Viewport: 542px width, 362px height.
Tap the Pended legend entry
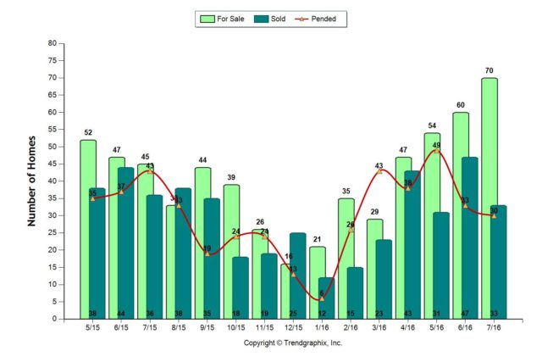point(324,18)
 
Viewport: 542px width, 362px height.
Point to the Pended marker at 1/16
point(322,298)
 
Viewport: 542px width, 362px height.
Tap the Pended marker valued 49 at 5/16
point(437,150)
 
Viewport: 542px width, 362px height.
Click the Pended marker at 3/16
point(379,171)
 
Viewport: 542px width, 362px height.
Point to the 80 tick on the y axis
point(53,43)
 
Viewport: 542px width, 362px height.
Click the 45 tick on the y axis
point(53,164)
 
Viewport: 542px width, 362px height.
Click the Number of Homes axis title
point(33,181)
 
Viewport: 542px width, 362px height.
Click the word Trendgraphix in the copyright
point(312,343)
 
